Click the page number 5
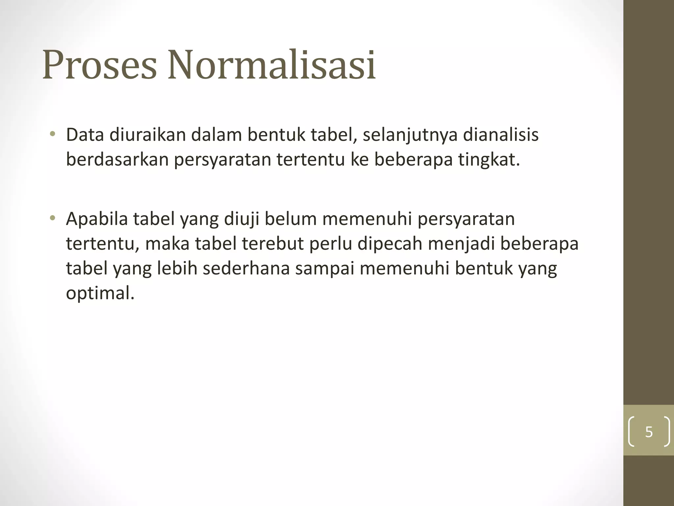649,432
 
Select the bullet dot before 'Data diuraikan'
52,134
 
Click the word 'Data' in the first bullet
85,135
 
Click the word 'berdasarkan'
117,160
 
